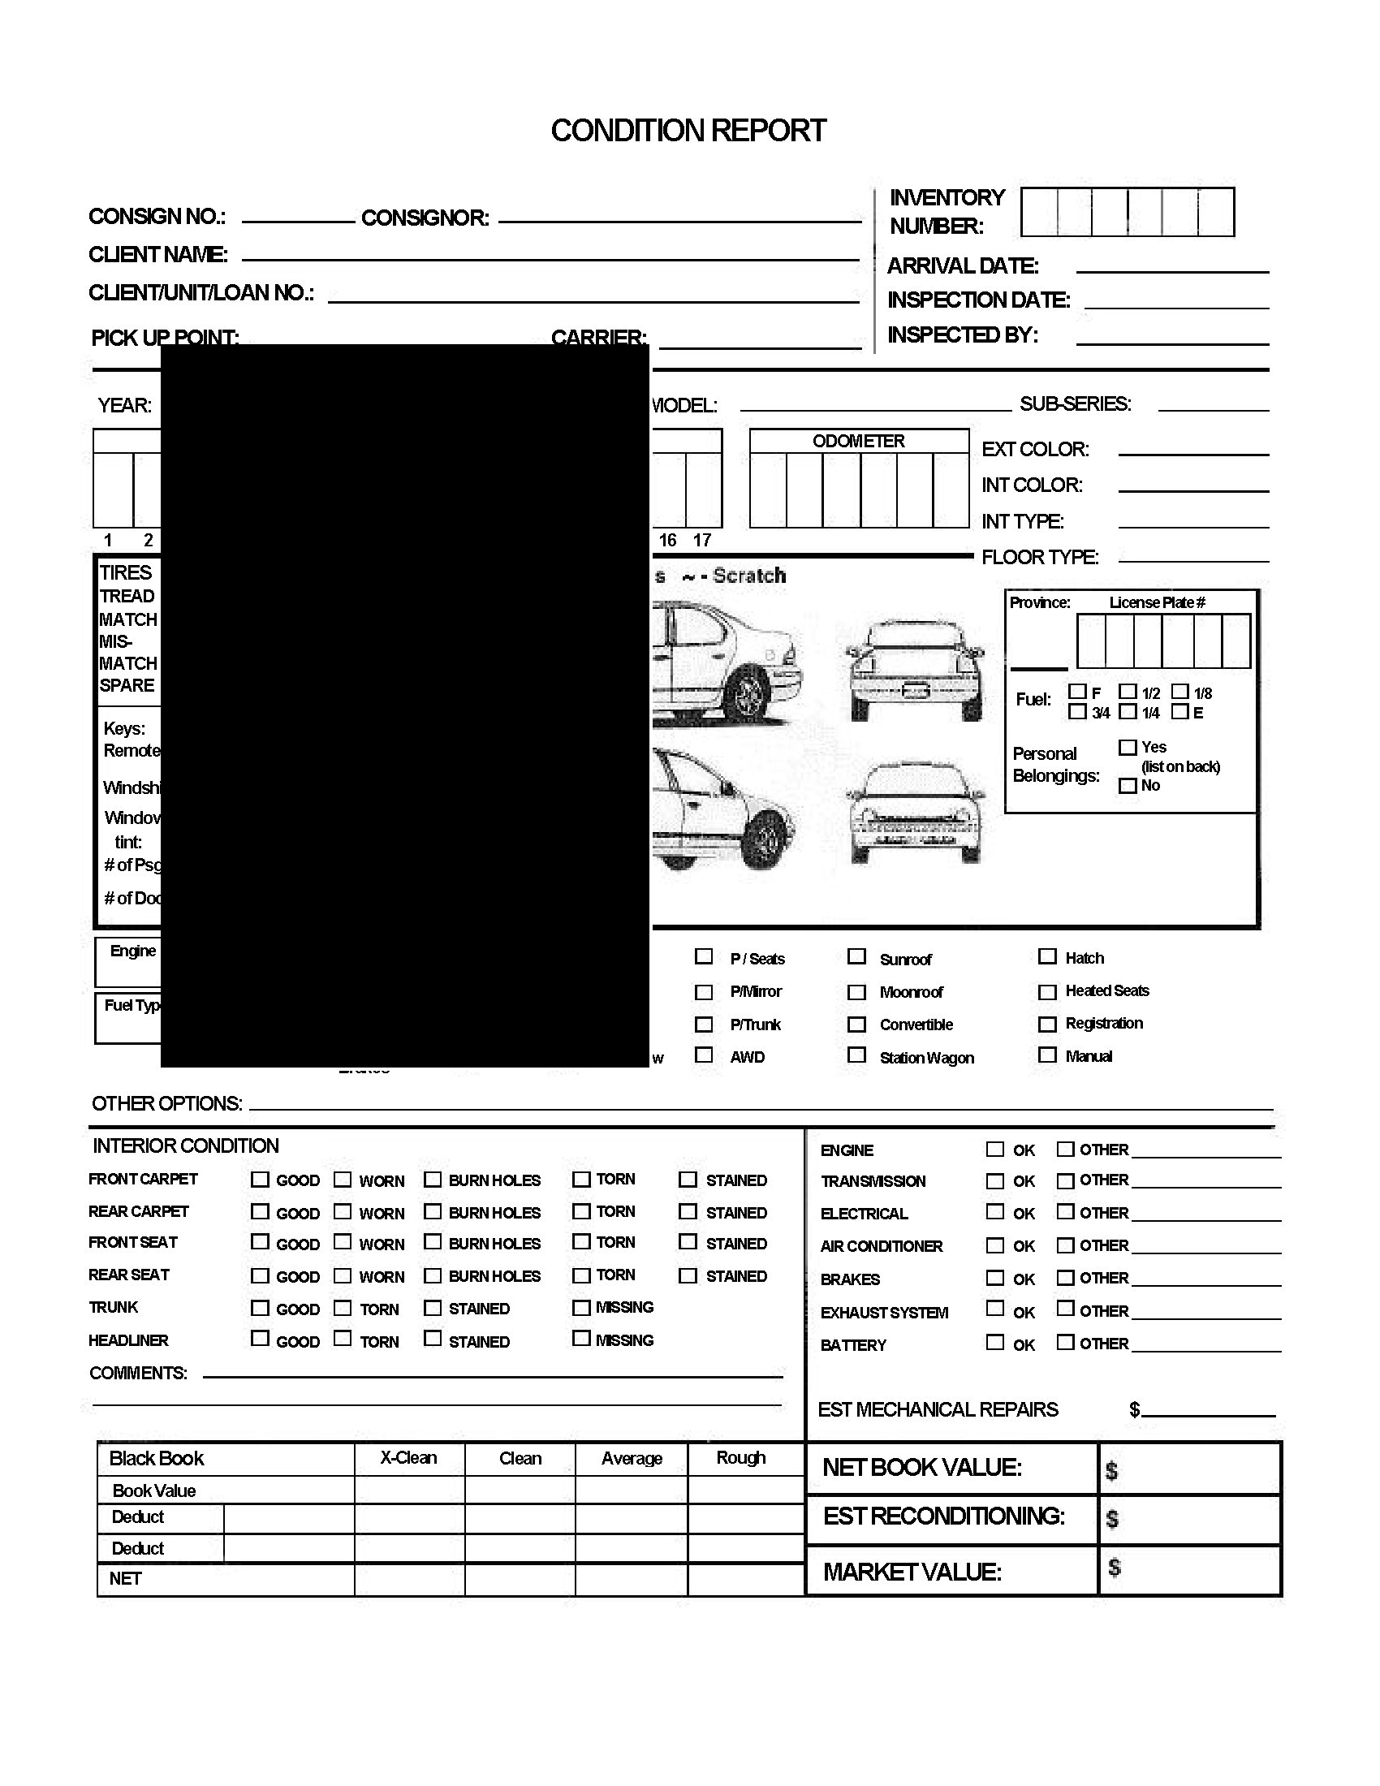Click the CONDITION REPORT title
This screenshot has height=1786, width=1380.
688,131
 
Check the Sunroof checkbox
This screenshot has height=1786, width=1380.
856,956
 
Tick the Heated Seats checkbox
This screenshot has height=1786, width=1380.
1046,992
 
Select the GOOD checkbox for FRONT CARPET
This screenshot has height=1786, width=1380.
260,1180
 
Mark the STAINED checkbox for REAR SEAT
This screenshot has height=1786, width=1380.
688,1275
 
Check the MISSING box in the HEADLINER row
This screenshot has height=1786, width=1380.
581,1339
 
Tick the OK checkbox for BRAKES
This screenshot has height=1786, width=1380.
995,1277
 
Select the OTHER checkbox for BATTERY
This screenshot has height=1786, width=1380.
1065,1342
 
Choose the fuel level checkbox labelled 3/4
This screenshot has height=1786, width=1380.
1077,711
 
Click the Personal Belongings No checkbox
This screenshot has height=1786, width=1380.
1128,786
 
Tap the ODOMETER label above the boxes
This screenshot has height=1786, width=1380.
858,441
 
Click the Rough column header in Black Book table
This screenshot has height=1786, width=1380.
740,1458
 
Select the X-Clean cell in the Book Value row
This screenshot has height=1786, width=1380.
410,1490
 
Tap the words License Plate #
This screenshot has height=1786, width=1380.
1157,602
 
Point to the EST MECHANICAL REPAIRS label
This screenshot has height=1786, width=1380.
938,1410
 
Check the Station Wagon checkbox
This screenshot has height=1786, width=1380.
856,1055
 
